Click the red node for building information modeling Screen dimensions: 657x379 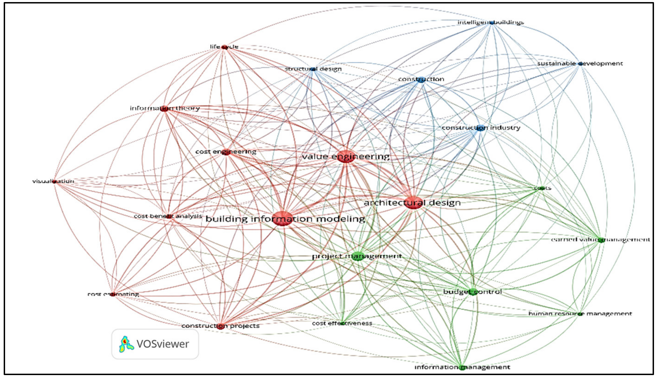coord(283,219)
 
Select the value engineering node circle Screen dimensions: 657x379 coord(346,156)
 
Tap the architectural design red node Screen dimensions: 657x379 coord(413,203)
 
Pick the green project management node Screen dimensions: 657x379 coord(358,256)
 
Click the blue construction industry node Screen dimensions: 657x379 coord(481,128)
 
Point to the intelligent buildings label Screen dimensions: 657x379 coord(490,22)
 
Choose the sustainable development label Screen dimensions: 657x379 coord(580,64)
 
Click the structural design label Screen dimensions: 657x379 coord(313,69)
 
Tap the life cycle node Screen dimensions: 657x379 coord(224,47)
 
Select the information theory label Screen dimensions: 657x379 coord(165,108)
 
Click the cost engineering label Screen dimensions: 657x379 coord(226,152)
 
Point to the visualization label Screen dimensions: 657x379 coord(53,181)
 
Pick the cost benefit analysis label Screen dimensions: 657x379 coord(168,216)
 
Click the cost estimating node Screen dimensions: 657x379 coord(113,294)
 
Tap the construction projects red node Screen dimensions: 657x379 coord(220,326)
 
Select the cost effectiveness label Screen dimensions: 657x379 coord(342,323)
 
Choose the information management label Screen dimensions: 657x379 coord(462,367)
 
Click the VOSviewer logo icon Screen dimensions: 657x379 coord(126,344)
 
